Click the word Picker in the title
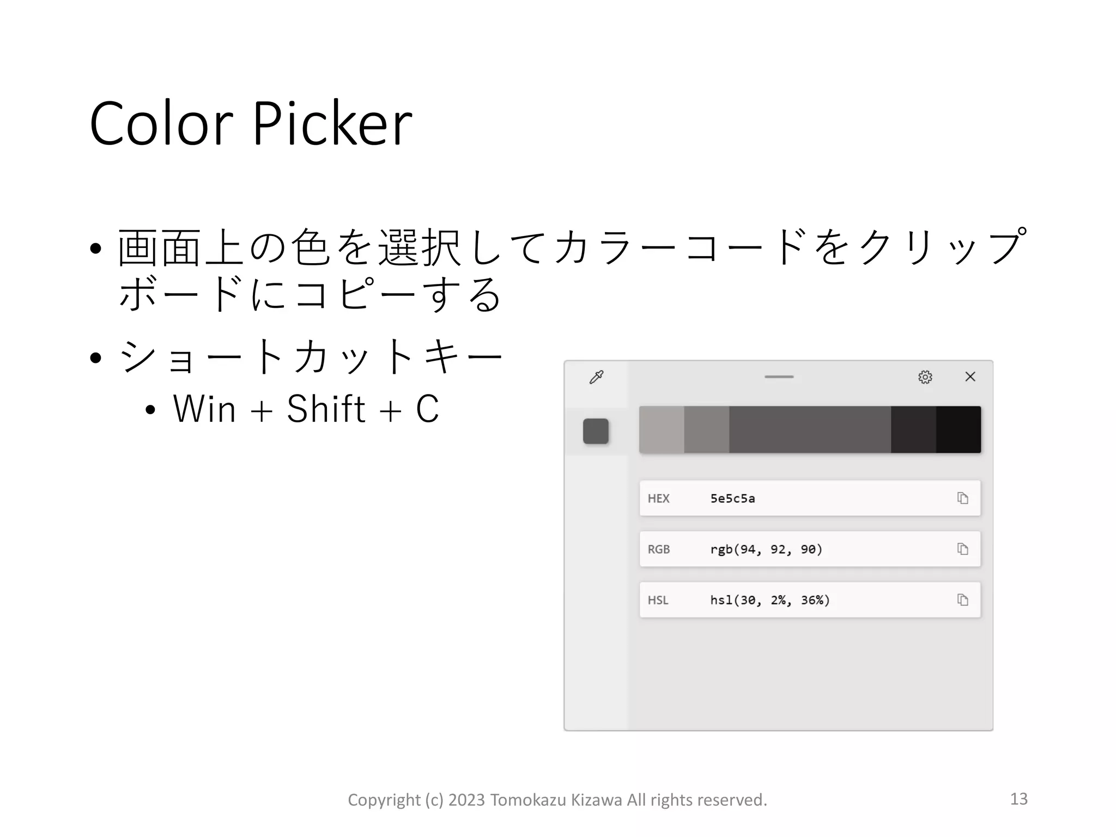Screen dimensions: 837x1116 [x=332, y=124]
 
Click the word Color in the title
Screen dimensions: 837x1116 [x=161, y=124]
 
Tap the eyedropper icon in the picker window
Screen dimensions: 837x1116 [x=597, y=377]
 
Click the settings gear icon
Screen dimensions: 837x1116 [x=925, y=377]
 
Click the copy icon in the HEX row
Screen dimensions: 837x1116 [x=962, y=498]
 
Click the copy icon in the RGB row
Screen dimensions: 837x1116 [x=962, y=549]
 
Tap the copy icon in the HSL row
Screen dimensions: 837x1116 [x=962, y=600]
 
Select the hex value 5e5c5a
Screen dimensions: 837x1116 [x=732, y=499]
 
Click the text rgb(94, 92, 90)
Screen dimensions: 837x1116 [x=766, y=549]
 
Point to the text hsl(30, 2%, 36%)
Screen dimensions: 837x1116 [x=769, y=600]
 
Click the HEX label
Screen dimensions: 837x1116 [x=658, y=499]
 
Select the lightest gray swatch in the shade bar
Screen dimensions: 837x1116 [x=662, y=429]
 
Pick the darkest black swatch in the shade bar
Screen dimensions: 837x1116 [x=958, y=429]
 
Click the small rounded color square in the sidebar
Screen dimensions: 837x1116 [x=596, y=431]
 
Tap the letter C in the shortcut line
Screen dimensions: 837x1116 [x=427, y=409]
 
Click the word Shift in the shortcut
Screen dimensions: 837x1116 [x=325, y=409]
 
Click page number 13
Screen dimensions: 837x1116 [x=1018, y=799]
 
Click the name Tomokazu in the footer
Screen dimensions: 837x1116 [x=528, y=800]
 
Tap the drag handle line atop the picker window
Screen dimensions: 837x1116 [x=779, y=377]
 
